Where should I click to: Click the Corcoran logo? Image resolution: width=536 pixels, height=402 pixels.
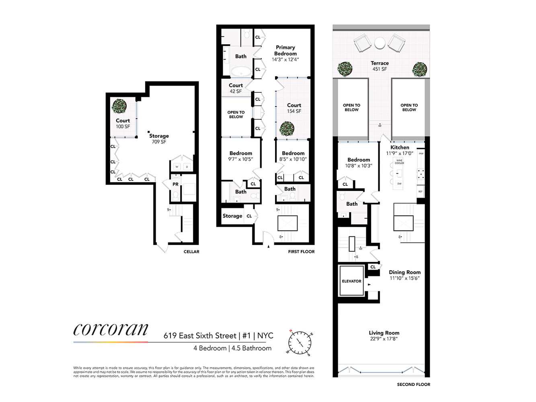pyautogui.click(x=111, y=330)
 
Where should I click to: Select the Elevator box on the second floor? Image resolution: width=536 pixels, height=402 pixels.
pyautogui.click(x=351, y=281)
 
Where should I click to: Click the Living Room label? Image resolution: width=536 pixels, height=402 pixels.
pyautogui.click(x=384, y=333)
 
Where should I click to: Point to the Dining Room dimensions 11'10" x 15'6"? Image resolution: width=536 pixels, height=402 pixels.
pyautogui.click(x=405, y=278)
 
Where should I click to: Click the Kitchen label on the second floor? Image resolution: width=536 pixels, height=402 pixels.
pyautogui.click(x=400, y=148)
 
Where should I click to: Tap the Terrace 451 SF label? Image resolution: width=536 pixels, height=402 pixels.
pyautogui.click(x=380, y=66)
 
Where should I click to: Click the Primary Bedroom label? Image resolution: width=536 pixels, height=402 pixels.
pyautogui.click(x=285, y=50)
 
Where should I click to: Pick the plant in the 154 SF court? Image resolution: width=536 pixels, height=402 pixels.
pyautogui.click(x=287, y=129)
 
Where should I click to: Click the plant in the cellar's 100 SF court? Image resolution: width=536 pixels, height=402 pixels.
pyautogui.click(x=119, y=107)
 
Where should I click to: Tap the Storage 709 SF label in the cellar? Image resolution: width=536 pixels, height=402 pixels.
pyautogui.click(x=159, y=139)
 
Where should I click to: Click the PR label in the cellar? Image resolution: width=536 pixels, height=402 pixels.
pyautogui.click(x=175, y=184)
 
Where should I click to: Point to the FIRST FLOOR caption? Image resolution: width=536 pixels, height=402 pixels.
pyautogui.click(x=301, y=252)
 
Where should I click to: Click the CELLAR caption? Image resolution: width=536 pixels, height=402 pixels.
pyautogui.click(x=191, y=252)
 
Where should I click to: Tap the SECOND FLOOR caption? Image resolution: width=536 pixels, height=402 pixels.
pyautogui.click(x=413, y=384)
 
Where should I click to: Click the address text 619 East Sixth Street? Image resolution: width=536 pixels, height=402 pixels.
pyautogui.click(x=200, y=336)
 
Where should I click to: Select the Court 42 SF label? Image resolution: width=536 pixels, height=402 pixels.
pyautogui.click(x=236, y=88)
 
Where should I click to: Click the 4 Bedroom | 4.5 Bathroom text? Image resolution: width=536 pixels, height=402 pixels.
pyautogui.click(x=232, y=348)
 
